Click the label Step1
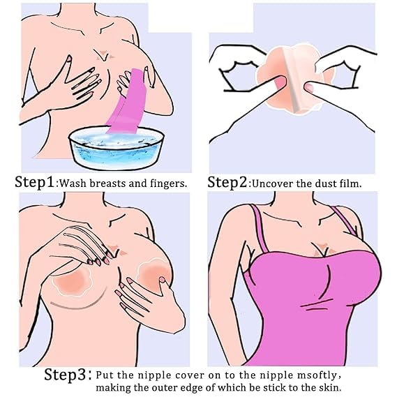pyautogui.click(x=35, y=182)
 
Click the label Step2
pyautogui.click(x=227, y=182)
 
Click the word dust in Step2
pyautogui.click(x=325, y=183)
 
